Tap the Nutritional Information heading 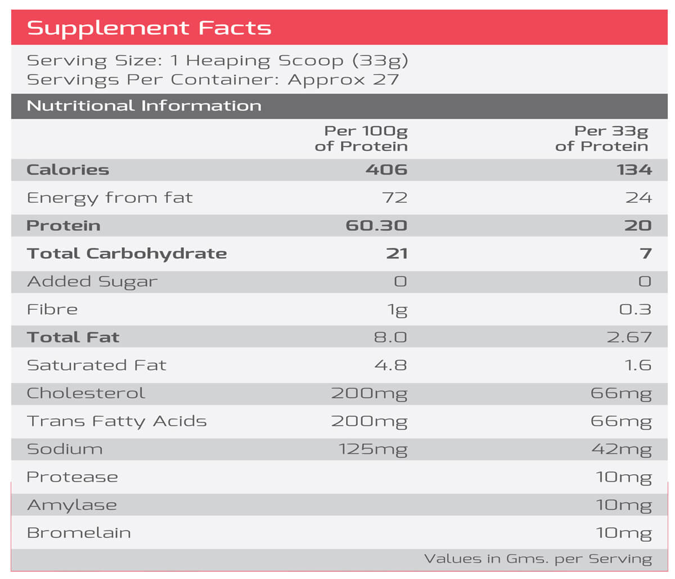(x=144, y=105)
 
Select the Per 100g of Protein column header (x=361, y=139)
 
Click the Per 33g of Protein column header (x=601, y=139)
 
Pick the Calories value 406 (x=386, y=170)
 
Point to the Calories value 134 (x=634, y=170)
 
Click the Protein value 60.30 (x=376, y=226)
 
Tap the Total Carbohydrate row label (x=127, y=254)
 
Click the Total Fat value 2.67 (x=629, y=337)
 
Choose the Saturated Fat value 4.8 (x=390, y=365)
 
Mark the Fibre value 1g (x=397, y=310)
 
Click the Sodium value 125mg (x=372, y=450)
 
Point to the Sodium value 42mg (x=622, y=450)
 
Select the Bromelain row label (x=79, y=533)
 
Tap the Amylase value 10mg (x=623, y=506)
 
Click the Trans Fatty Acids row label (x=117, y=422)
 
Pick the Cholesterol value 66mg (x=621, y=394)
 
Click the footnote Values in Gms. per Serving (x=538, y=559)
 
